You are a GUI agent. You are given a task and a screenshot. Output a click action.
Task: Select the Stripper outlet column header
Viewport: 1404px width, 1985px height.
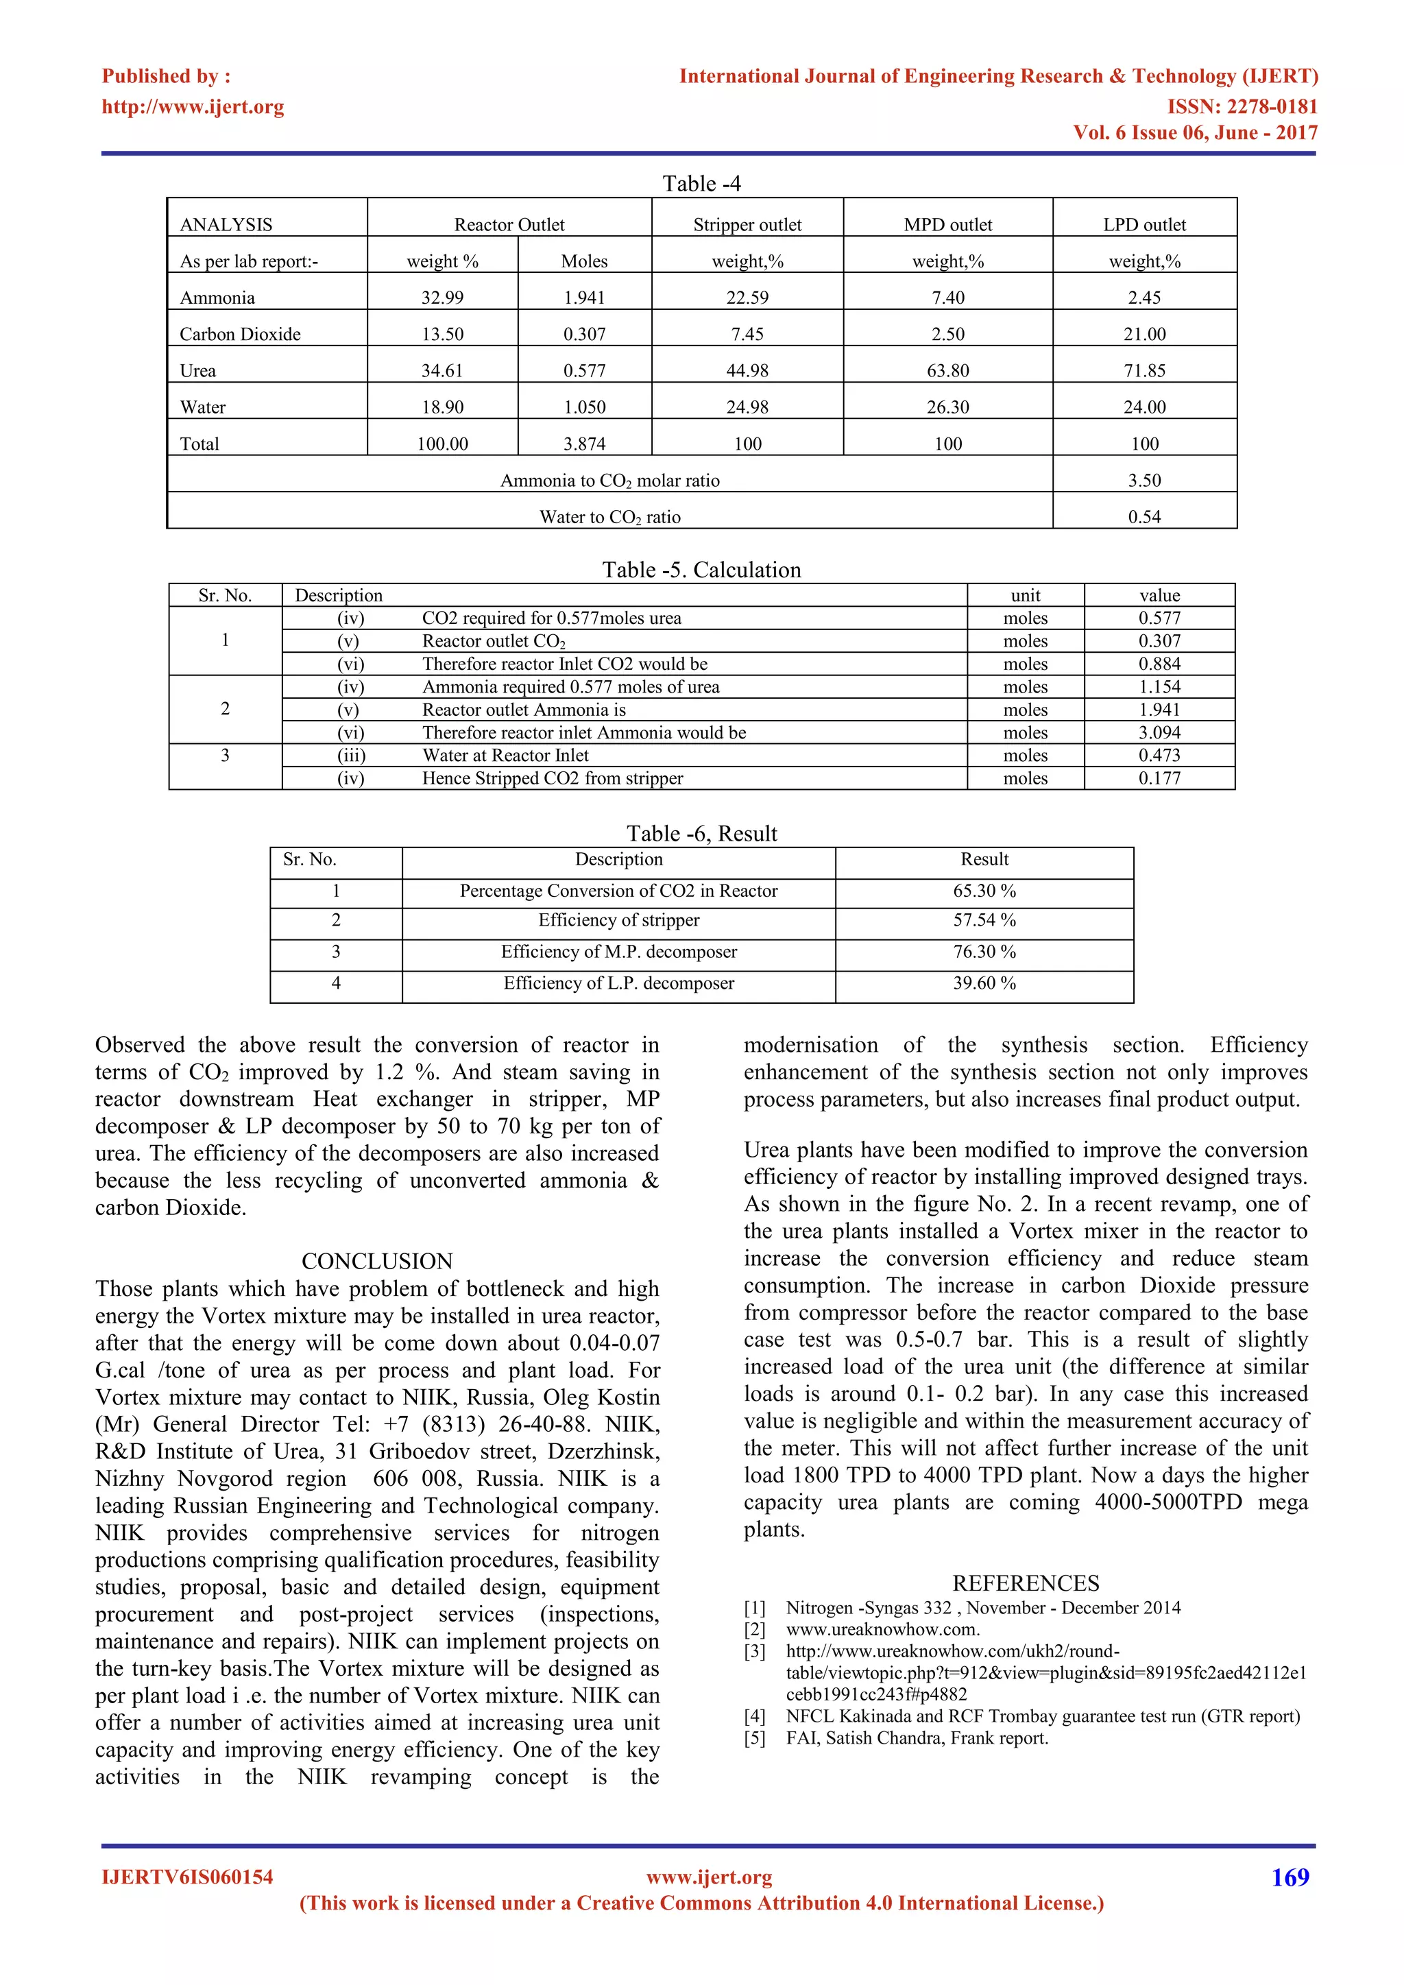click(x=747, y=225)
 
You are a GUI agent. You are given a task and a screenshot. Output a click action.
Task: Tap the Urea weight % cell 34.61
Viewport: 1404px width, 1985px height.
click(x=441, y=371)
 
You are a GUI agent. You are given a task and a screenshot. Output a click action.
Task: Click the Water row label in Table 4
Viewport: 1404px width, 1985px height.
click(x=202, y=407)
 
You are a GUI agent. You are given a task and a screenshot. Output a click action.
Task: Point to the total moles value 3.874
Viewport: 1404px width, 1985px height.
click(x=584, y=444)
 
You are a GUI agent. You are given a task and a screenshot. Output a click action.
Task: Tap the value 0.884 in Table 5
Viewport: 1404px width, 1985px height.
click(x=1159, y=664)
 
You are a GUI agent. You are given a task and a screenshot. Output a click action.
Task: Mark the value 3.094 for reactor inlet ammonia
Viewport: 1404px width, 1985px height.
click(x=1159, y=732)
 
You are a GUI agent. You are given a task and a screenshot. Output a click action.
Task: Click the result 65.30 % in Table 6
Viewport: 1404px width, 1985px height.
click(x=984, y=891)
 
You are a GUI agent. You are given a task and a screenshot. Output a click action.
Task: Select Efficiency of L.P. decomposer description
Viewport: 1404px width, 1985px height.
click(x=619, y=983)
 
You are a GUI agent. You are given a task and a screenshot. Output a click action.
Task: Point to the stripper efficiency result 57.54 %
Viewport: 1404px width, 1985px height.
click(x=984, y=920)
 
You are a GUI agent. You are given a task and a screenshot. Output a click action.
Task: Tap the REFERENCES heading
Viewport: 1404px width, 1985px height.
click(x=1026, y=1583)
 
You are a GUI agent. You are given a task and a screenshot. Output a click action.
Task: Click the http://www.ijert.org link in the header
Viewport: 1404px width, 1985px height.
click(x=193, y=106)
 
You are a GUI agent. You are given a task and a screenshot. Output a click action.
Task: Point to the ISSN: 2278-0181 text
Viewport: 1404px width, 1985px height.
click(x=1242, y=106)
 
